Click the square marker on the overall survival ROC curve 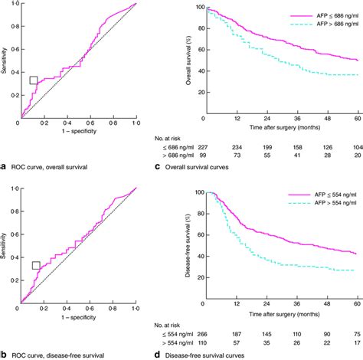coord(34,80)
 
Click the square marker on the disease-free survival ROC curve coord(36,265)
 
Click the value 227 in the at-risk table coord(204,146)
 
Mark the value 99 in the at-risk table coord(204,155)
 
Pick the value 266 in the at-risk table coord(204,333)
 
